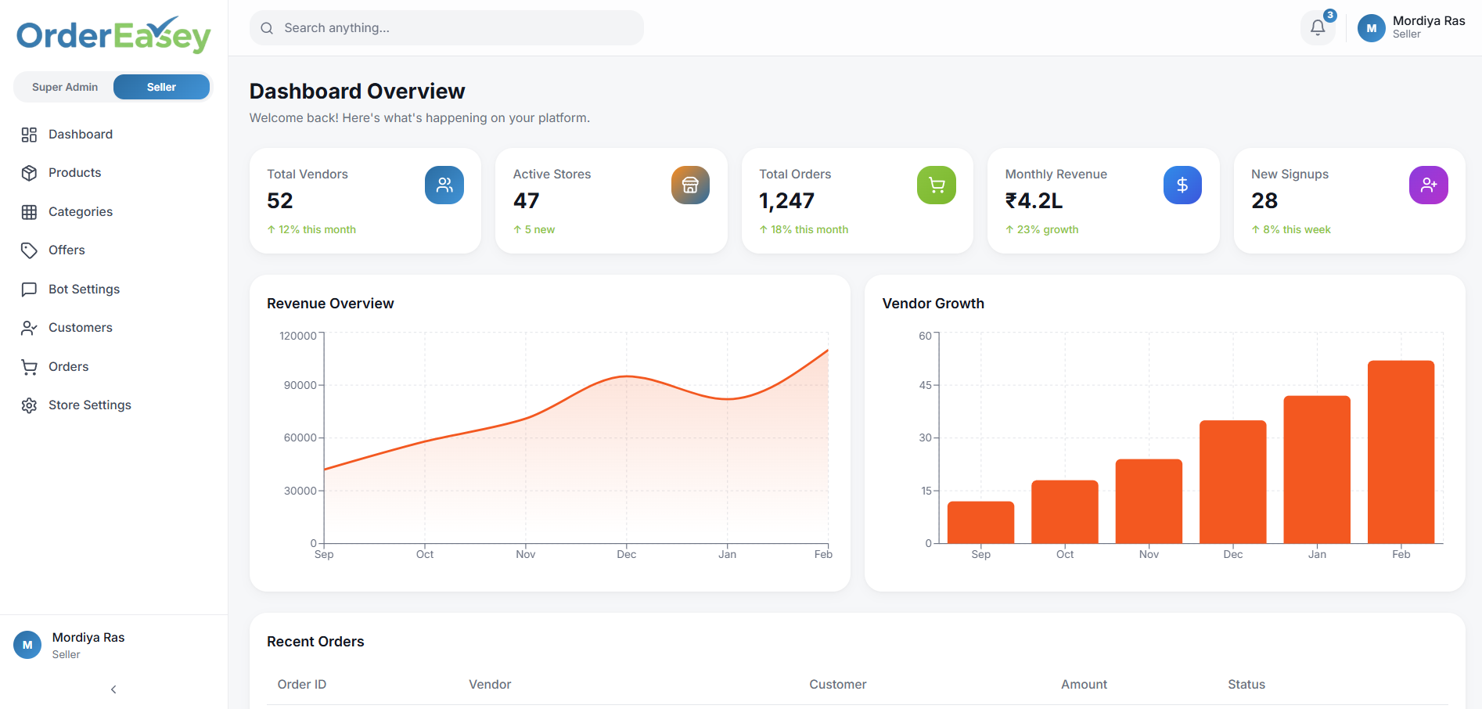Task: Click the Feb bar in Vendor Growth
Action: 1401,452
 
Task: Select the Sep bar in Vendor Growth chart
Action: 980,522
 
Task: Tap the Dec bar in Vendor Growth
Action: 1232,481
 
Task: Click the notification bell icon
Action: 1318,28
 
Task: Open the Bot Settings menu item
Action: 84,289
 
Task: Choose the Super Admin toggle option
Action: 65,87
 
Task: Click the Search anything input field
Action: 446,28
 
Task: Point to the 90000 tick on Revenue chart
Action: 300,385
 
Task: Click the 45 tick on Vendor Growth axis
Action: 925,385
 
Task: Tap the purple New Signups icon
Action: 1428,185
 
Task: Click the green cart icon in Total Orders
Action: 936,185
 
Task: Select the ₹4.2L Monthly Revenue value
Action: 1034,201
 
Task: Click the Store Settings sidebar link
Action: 89,405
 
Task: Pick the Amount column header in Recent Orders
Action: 1084,684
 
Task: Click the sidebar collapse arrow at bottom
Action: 113,689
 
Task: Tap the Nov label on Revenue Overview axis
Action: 525,554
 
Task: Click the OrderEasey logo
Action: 113,35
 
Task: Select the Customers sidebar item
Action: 80,327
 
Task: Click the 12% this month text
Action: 316,229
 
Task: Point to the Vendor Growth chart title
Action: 933,304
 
